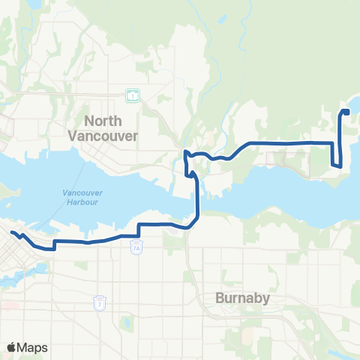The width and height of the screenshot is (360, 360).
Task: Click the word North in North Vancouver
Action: [103, 121]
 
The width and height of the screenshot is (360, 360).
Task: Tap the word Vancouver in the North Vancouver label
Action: [103, 136]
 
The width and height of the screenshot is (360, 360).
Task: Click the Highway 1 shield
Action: [132, 95]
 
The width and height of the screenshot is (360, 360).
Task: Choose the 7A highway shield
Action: [136, 247]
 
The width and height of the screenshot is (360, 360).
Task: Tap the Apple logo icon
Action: [12, 347]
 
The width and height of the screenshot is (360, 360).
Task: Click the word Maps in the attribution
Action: [33, 348]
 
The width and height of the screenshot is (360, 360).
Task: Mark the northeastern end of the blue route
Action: [347, 112]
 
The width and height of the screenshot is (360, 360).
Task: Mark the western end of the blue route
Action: [13, 233]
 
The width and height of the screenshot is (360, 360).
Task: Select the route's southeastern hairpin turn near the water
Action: [338, 166]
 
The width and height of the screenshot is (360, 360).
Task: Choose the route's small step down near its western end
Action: [55, 244]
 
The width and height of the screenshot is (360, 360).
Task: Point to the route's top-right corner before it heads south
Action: [334, 142]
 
